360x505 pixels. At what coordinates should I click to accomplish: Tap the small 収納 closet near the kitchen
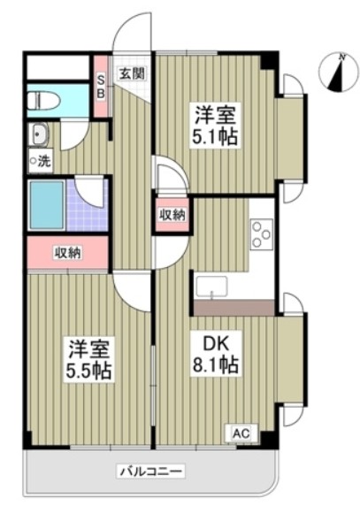[172, 215]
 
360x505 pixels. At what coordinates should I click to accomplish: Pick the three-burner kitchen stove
[261, 233]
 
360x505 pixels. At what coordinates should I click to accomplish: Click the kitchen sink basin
[213, 288]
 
